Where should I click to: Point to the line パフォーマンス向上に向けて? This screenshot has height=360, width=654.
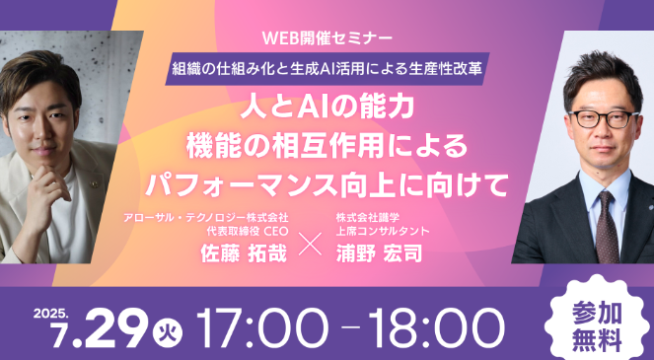pyautogui.click(x=327, y=183)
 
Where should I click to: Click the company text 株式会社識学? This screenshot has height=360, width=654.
pyautogui.click(x=369, y=216)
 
